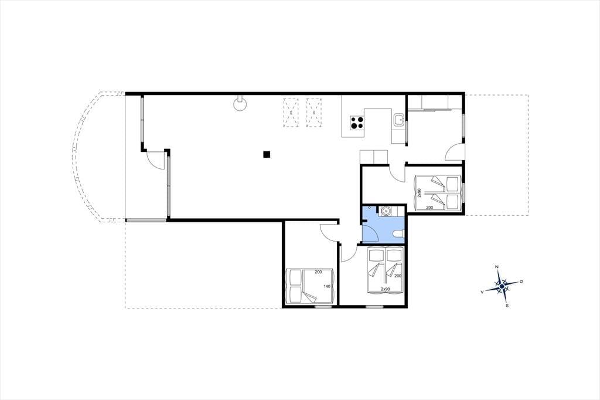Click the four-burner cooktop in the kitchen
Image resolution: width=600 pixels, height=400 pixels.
pos(357,123)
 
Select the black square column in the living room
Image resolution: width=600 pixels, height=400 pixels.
pos(267,154)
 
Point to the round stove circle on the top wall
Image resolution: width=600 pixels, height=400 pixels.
pos(240,105)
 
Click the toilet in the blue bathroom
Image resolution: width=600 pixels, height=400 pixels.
pos(398,233)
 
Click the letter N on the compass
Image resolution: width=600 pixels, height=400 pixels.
pos(497,267)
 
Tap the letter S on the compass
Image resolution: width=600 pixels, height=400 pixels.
pos(507,306)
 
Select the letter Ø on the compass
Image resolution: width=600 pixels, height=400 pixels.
pos(521,282)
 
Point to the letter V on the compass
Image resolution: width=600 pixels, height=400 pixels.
pos(482,292)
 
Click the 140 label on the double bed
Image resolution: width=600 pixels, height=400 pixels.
pos(327,286)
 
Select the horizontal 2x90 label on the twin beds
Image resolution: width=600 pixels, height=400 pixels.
pos(386,289)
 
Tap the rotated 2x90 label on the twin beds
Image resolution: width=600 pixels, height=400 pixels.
pos(420,193)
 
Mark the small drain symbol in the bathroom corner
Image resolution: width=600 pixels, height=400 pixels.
pos(369,207)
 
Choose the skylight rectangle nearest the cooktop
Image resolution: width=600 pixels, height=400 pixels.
pos(314,113)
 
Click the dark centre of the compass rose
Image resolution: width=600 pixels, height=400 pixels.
pos(502,286)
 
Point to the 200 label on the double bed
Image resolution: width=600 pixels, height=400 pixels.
pos(318,272)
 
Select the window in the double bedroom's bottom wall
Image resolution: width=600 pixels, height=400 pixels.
pos(323,307)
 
